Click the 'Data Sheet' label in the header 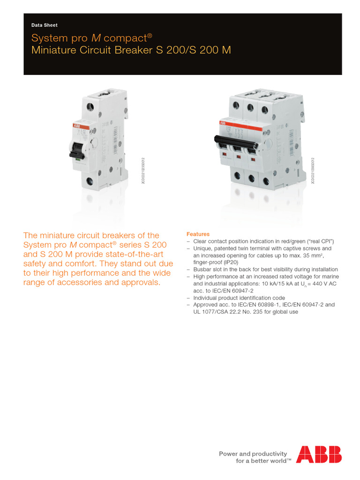44,25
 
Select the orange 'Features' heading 198,234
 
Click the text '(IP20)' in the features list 225,262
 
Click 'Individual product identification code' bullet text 239,298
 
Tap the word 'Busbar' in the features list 202,270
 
